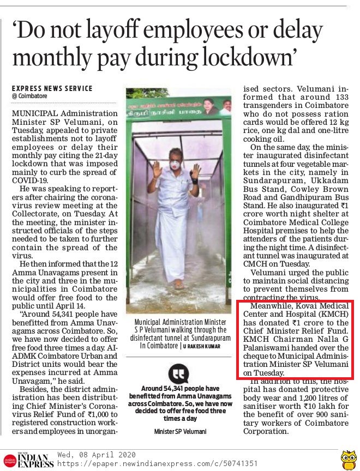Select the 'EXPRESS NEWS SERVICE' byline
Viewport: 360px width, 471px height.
[x=52, y=88]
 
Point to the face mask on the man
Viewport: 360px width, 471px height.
[x=175, y=164]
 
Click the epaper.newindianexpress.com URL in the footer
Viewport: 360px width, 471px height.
[x=144, y=464]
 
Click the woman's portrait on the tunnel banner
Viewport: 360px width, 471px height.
[x=211, y=104]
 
